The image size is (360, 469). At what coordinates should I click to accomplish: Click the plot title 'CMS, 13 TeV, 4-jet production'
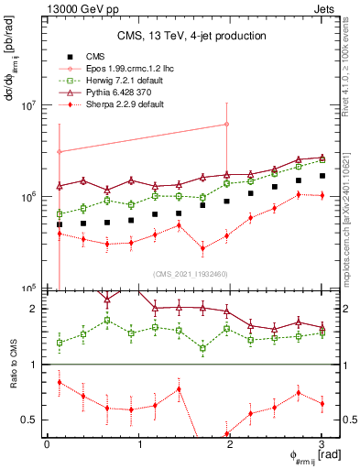(x=191, y=36)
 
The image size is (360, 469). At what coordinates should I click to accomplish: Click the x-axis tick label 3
(x=322, y=444)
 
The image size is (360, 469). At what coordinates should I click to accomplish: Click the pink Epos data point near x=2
(x=226, y=125)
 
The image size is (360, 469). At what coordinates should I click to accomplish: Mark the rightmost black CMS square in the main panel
(x=322, y=175)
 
